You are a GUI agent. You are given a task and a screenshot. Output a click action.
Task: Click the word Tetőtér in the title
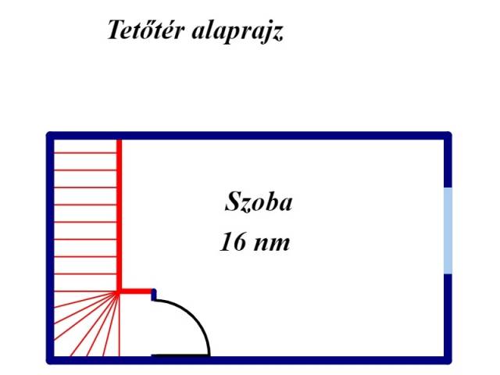[x=146, y=30]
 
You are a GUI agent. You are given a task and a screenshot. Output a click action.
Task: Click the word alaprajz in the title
[x=237, y=31]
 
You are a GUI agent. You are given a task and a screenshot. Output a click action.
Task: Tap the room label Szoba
[x=259, y=202]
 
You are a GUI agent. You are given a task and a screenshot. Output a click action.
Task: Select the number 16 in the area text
[x=233, y=241]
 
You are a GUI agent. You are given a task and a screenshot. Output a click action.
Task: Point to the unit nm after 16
[x=271, y=244]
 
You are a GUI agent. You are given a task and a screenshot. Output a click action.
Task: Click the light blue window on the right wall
[x=448, y=230]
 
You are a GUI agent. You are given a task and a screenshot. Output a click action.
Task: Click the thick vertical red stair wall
[x=120, y=216]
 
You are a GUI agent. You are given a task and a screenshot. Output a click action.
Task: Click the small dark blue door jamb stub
[x=154, y=295]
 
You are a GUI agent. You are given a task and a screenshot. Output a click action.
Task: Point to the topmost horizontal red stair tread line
[x=85, y=153]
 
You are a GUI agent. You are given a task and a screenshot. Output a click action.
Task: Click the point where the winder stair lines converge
[x=118, y=291]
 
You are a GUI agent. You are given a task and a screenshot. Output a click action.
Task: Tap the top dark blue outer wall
[x=249, y=135]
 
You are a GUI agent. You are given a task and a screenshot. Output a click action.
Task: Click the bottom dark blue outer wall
[x=249, y=360]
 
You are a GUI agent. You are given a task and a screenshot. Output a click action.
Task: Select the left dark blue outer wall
[x=50, y=248]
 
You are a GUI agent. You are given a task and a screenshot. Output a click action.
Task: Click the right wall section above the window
[x=448, y=159]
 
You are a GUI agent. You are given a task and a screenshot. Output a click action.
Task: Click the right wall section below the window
[x=448, y=319]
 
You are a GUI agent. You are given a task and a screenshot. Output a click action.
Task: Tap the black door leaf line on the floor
[x=180, y=355]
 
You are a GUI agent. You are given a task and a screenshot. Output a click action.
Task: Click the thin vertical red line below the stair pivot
[x=120, y=325]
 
